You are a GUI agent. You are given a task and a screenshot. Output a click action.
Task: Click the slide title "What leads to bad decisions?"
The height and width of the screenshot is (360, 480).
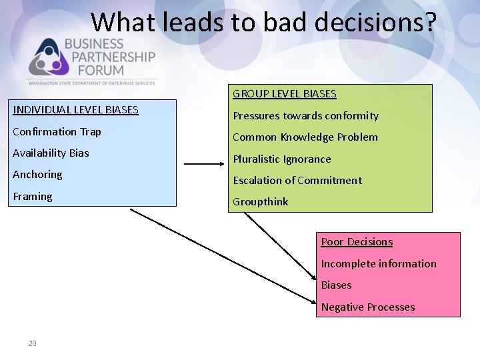pyautogui.click(x=263, y=22)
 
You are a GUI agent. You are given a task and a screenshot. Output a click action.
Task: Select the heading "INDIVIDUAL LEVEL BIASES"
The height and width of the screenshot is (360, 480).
pyautogui.click(x=75, y=110)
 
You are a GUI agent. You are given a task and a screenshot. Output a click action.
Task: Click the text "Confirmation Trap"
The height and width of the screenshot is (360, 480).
pyautogui.click(x=57, y=132)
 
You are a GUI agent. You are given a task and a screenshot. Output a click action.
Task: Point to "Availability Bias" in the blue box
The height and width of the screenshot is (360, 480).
pyautogui.click(x=51, y=153)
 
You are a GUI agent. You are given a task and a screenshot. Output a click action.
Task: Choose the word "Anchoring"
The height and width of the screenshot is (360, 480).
pyautogui.click(x=37, y=175)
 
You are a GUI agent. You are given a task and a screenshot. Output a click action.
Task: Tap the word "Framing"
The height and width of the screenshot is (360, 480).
pyautogui.click(x=33, y=197)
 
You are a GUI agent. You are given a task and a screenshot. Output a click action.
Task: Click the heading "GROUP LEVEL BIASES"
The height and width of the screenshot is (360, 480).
pyautogui.click(x=285, y=94)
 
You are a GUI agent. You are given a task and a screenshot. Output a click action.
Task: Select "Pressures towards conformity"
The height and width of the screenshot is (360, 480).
pyautogui.click(x=305, y=116)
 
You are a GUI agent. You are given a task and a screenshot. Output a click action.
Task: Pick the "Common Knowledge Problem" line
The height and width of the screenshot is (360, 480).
pyautogui.click(x=305, y=137)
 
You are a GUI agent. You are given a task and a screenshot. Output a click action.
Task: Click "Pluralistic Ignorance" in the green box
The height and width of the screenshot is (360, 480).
pyautogui.click(x=282, y=159)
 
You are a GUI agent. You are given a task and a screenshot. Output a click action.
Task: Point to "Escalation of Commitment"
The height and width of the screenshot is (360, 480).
pyautogui.click(x=297, y=181)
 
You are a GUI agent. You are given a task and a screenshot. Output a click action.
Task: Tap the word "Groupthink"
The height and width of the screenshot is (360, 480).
pyautogui.click(x=261, y=202)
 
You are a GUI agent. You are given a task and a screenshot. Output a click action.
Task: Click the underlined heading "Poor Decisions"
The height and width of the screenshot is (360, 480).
pyautogui.click(x=357, y=242)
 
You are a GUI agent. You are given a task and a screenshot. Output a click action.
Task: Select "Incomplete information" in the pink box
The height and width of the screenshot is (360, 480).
pyautogui.click(x=379, y=264)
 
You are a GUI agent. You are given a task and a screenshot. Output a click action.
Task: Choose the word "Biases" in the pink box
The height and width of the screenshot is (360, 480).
pyautogui.click(x=336, y=285)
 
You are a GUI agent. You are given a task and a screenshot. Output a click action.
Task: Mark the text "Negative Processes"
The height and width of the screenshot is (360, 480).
pyautogui.click(x=368, y=307)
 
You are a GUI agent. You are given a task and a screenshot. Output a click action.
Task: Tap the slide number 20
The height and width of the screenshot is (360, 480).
pyautogui.click(x=32, y=343)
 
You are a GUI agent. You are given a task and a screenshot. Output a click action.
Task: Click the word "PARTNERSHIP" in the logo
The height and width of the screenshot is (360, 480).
pyautogui.click(x=109, y=57)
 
